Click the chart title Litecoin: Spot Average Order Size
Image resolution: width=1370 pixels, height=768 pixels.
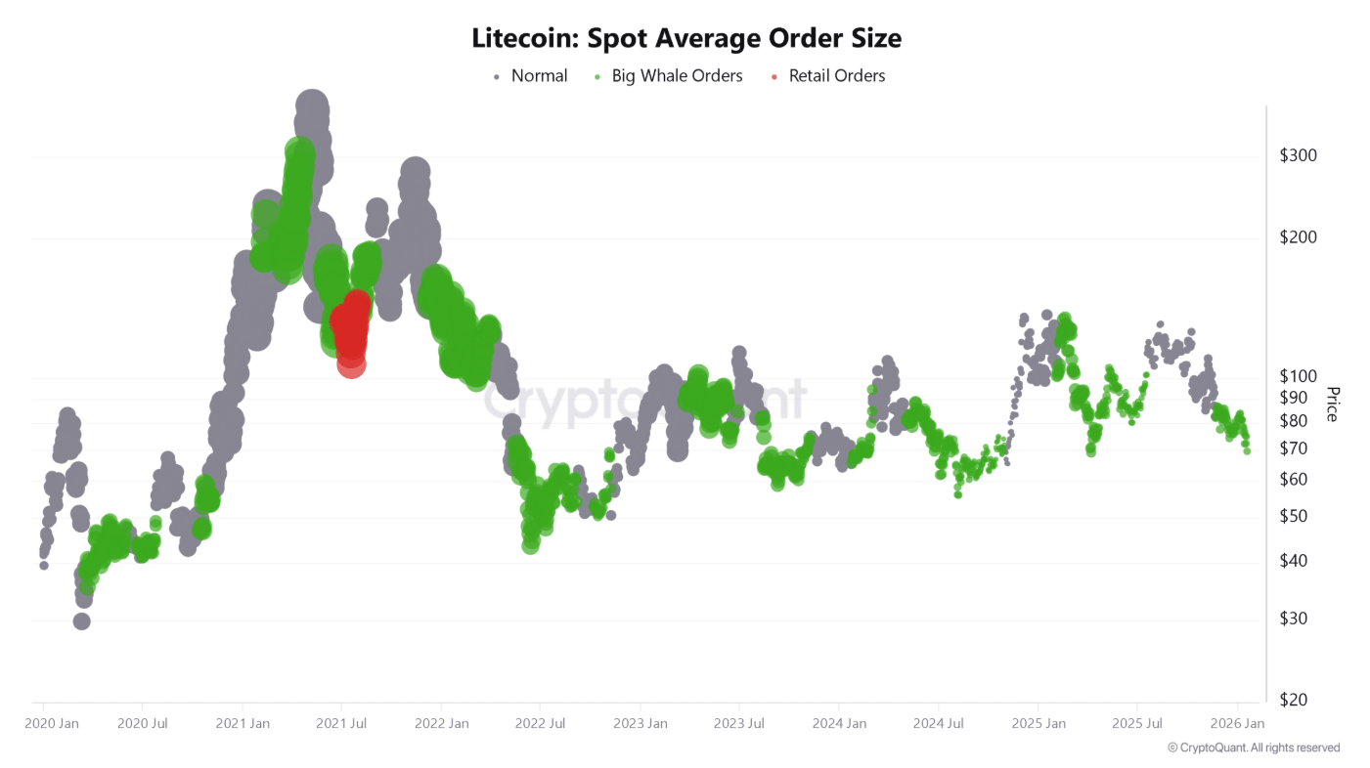[685, 38]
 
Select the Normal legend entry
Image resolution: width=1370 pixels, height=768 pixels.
[538, 76]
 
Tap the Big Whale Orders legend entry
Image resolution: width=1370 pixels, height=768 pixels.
[677, 76]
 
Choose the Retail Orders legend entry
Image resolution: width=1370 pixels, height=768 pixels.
[836, 76]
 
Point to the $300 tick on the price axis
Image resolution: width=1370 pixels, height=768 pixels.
[1298, 155]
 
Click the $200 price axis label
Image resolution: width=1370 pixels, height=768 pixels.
[1298, 237]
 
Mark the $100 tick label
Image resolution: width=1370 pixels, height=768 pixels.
[1298, 376]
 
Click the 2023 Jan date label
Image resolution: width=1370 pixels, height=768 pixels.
[640, 724]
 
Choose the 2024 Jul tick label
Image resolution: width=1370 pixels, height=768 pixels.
[938, 724]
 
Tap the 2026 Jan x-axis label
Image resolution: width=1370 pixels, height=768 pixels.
[1237, 724]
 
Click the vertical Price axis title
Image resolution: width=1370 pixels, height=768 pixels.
[1331, 404]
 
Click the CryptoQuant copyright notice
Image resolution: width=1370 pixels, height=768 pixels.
[1254, 747]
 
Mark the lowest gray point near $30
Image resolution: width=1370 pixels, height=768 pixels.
[81, 620]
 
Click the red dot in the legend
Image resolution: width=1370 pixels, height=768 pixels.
[774, 76]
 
